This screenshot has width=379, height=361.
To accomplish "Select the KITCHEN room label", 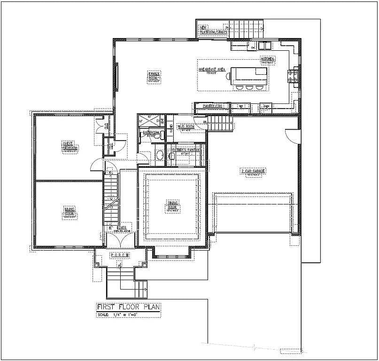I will [x=268, y=59].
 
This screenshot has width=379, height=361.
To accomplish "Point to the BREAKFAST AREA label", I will [x=212, y=69].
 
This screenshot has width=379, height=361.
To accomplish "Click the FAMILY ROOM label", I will [x=154, y=75].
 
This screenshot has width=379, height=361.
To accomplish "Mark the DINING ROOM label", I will [x=171, y=205].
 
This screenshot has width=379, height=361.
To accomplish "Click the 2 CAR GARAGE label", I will [x=253, y=171].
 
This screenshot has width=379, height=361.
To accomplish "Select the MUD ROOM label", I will [x=186, y=126].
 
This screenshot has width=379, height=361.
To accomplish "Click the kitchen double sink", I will [x=263, y=46].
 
